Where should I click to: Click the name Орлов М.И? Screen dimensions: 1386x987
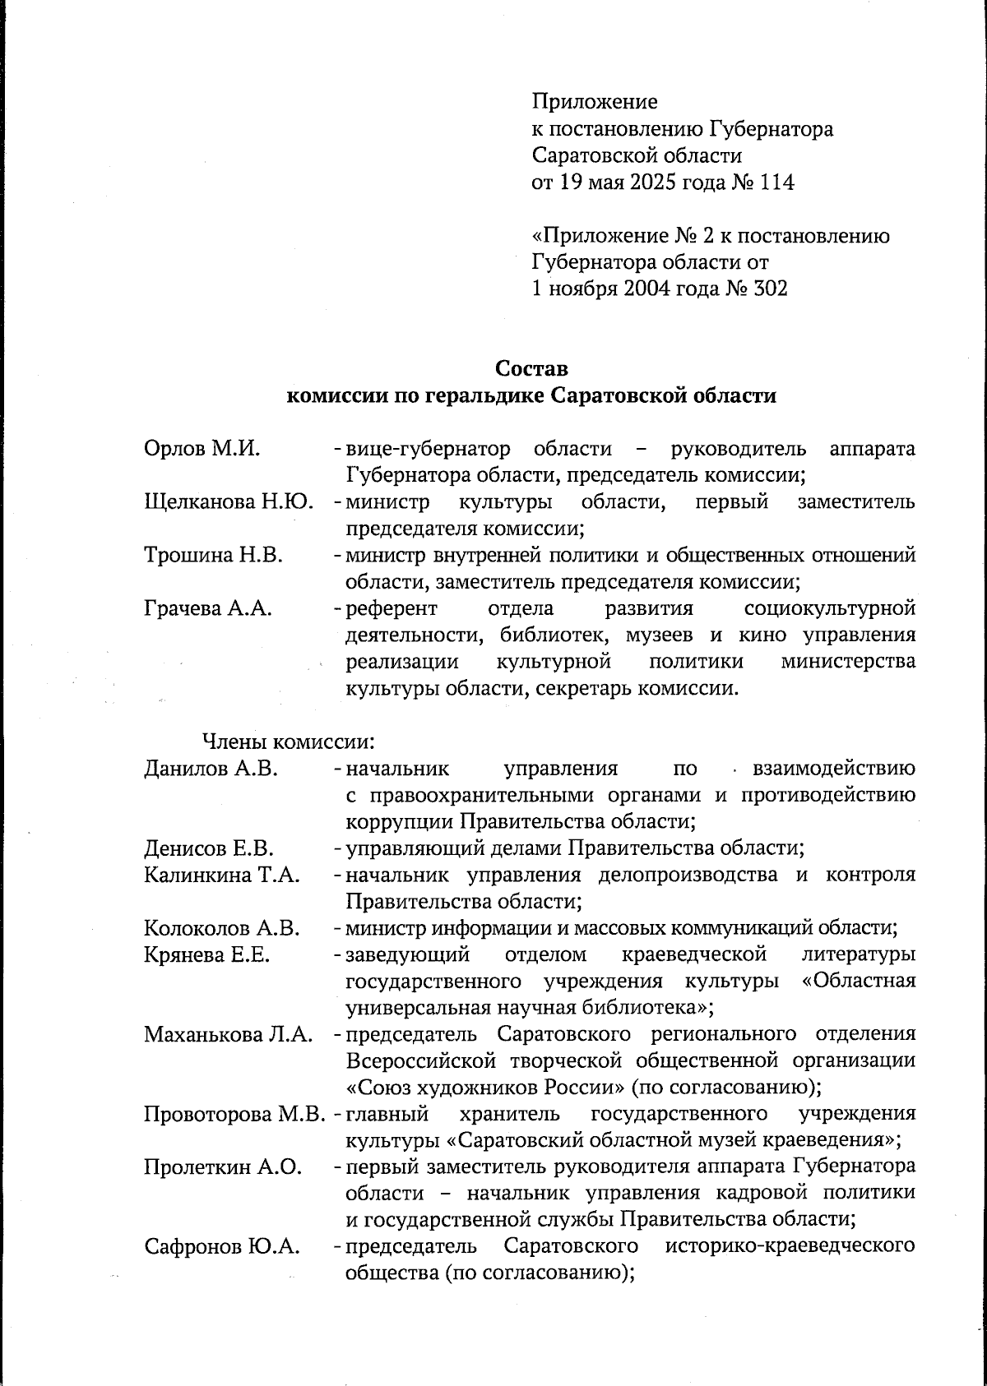[x=202, y=449]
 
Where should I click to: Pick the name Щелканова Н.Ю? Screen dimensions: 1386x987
[x=229, y=502]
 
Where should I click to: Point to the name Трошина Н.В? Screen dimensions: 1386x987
[x=214, y=556]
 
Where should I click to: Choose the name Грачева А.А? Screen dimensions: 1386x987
[x=208, y=609]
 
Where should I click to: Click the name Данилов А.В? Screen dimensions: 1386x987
[x=211, y=769]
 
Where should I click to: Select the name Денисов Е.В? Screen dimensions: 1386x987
[x=209, y=848]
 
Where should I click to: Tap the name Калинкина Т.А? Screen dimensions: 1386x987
[x=222, y=875]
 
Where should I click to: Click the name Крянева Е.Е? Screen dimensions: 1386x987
[x=207, y=955]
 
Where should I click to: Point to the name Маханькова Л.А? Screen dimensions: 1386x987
[x=229, y=1034]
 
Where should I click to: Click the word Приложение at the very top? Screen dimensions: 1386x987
[x=595, y=102]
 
